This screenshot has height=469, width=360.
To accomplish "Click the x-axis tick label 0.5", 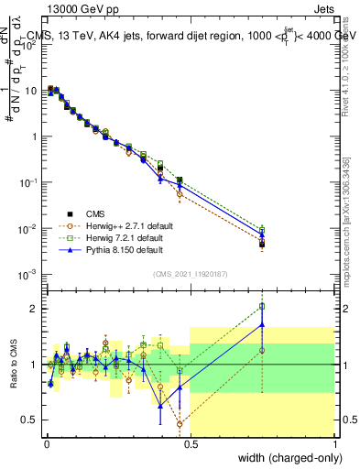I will [190, 444].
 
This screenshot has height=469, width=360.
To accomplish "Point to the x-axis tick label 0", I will [47, 444].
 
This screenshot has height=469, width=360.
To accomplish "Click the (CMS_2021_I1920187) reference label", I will [190, 274].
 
